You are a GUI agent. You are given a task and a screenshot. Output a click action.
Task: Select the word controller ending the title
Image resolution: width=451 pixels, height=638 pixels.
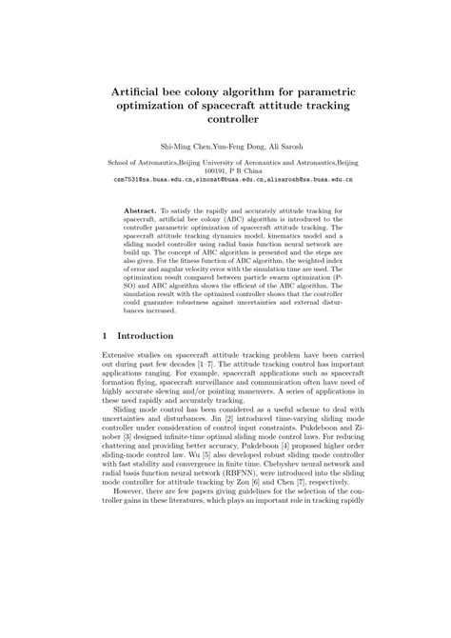point(225,120)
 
